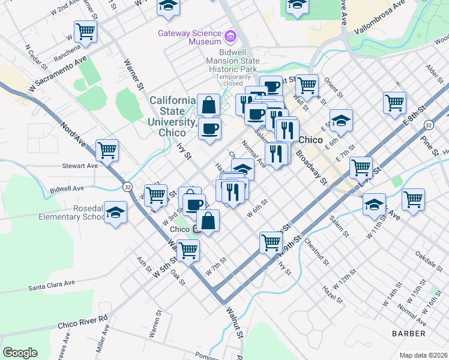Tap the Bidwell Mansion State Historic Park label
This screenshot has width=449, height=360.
click(233, 65)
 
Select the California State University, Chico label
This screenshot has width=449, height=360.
click(172, 116)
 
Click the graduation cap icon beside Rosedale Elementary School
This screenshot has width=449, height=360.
click(115, 212)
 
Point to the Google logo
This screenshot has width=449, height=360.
click(20, 352)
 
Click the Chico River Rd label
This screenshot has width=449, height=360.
click(82, 321)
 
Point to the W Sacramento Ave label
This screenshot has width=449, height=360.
click(58, 74)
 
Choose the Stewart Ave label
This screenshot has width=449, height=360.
click(80, 166)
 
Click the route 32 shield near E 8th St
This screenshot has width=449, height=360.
click(428, 125)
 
